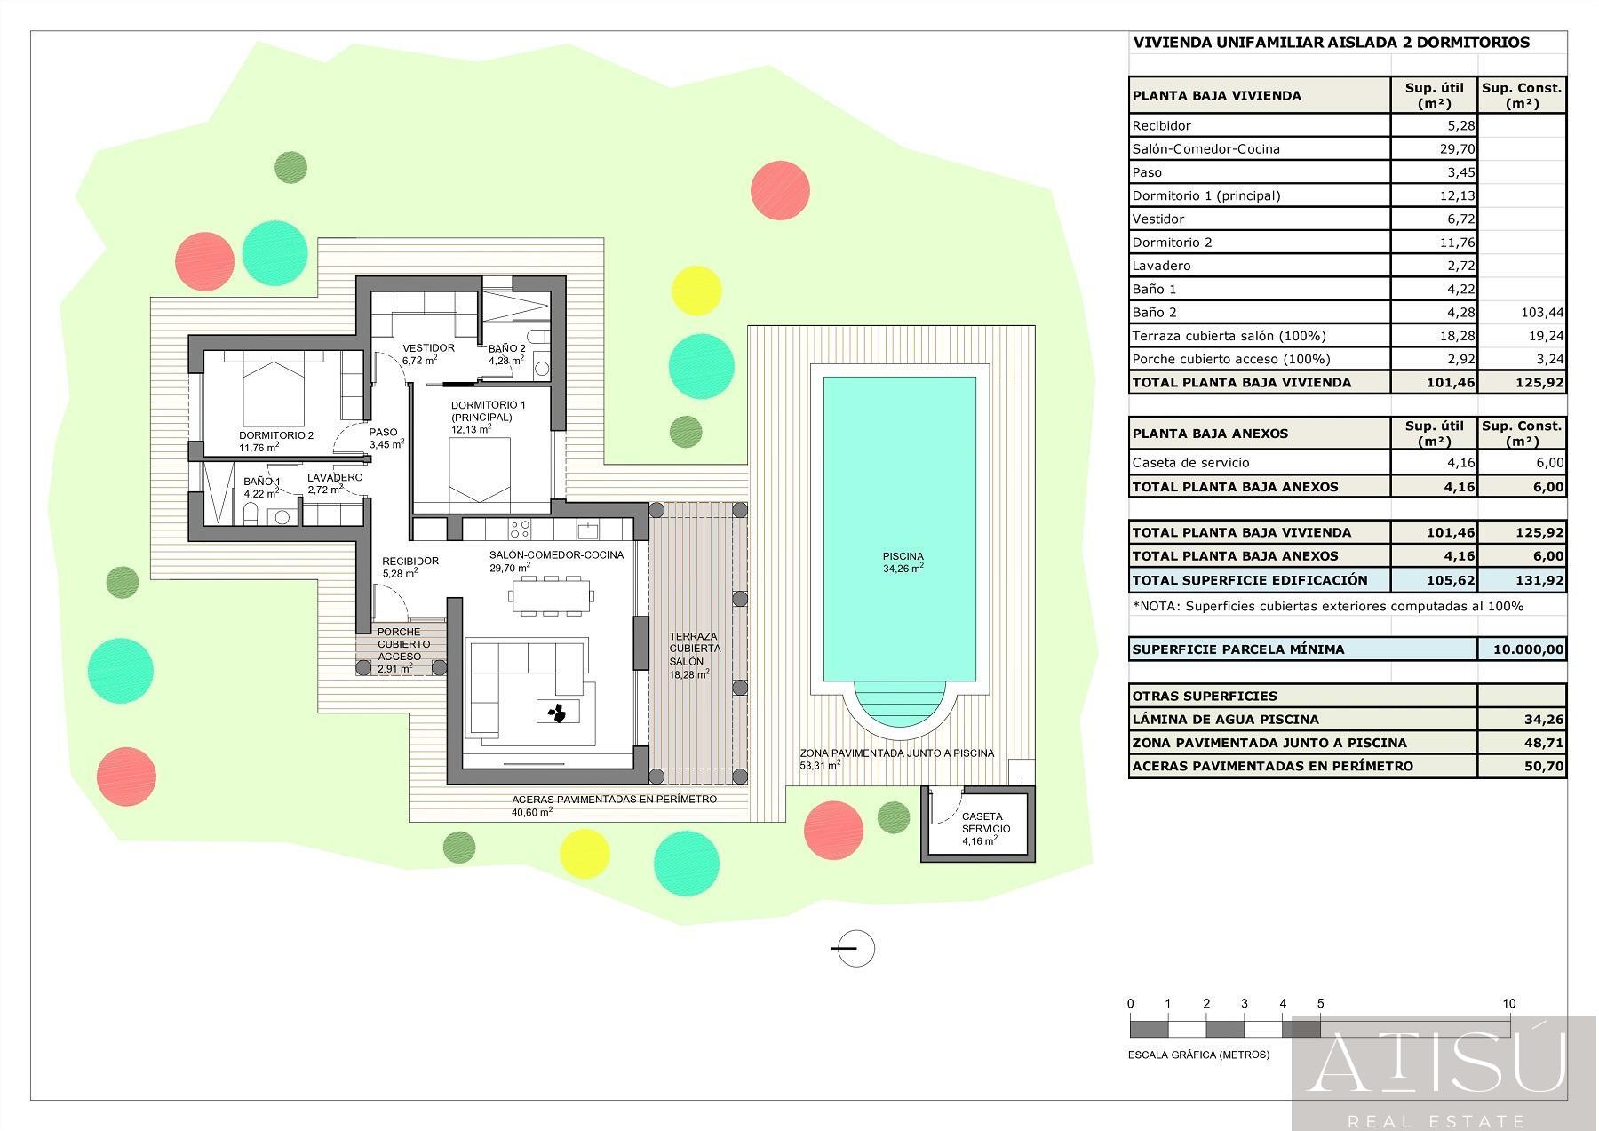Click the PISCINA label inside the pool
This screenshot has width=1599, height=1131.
click(903, 557)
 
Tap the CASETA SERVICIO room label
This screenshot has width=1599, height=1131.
click(982, 823)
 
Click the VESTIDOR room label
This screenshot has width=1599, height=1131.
click(428, 348)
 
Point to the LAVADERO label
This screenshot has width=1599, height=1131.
click(335, 478)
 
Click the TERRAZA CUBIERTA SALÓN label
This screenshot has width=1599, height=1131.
click(694, 649)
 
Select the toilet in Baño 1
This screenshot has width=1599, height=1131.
click(251, 514)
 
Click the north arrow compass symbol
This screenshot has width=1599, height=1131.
click(855, 948)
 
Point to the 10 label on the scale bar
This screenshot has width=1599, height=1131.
click(1508, 1004)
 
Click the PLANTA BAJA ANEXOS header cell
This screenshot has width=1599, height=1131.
click(1259, 434)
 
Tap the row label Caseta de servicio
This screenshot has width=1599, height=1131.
click(1190, 463)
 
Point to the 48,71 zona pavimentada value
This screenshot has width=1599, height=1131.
click(1543, 743)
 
